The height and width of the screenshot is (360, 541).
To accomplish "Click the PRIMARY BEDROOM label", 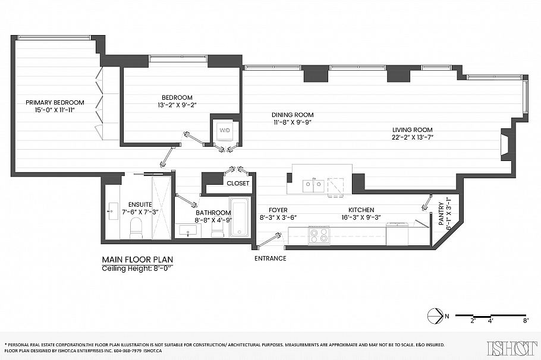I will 55,102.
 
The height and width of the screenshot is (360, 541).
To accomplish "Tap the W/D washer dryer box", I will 225,131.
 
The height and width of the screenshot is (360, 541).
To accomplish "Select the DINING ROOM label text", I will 292,115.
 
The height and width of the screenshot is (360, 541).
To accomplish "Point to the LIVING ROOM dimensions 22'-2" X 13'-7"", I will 412,138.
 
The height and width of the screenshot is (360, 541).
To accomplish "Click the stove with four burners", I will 319,236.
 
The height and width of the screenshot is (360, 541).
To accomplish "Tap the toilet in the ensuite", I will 136,228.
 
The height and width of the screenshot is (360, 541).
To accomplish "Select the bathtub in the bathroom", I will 240,218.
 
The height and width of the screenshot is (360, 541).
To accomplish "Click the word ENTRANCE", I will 270,258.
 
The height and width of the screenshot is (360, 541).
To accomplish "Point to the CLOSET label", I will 238,184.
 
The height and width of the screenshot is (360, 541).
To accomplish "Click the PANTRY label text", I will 441,214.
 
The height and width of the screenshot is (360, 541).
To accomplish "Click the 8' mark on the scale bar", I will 526,321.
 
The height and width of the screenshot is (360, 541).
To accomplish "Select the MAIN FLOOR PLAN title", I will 138,260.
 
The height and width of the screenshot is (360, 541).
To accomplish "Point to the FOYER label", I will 278,210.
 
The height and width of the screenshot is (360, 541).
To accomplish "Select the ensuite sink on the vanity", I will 112,211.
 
